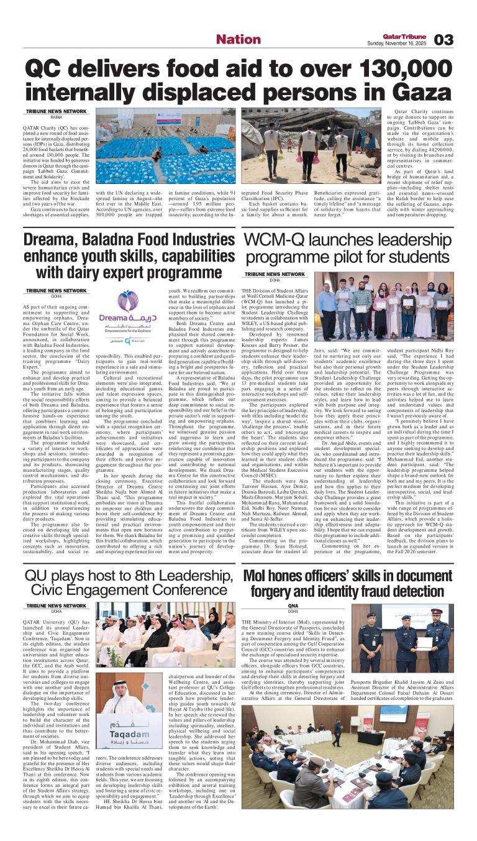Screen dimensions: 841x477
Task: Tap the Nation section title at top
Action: click(234, 39)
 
